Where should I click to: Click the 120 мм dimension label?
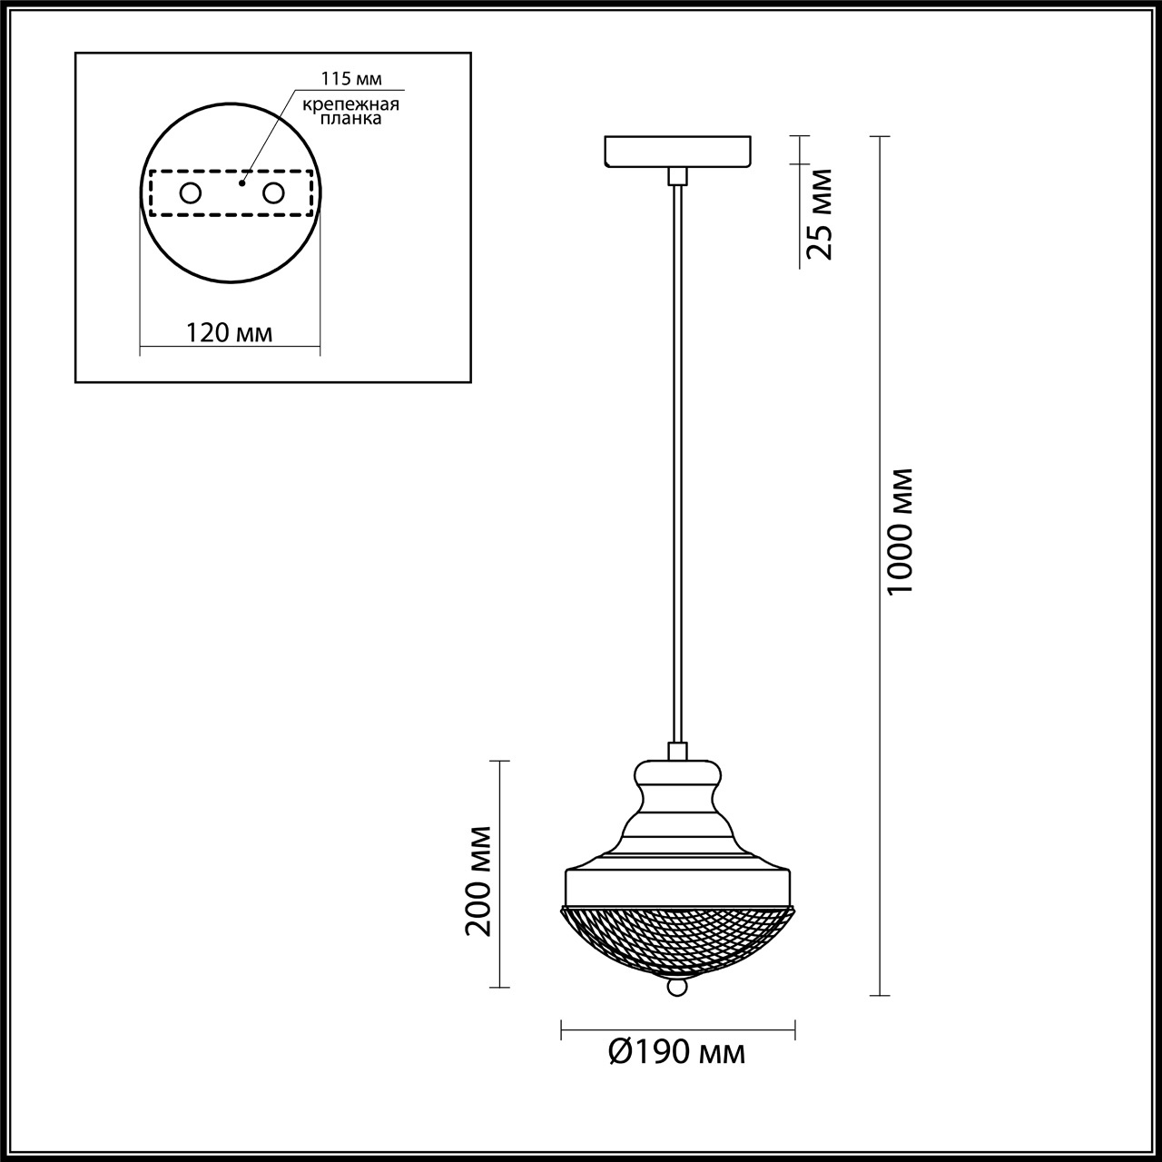point(229,332)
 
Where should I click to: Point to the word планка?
point(352,119)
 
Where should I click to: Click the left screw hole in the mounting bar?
point(191,193)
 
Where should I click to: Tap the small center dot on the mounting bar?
point(241,182)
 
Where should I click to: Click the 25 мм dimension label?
point(820,214)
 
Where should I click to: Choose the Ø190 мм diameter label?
point(677,1052)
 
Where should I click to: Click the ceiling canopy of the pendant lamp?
point(678,152)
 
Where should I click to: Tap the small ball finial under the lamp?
point(677,988)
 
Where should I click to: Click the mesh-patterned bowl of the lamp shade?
point(678,940)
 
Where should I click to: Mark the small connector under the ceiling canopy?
point(677,176)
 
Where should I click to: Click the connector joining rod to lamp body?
point(677,751)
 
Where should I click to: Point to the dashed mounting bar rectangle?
point(231,215)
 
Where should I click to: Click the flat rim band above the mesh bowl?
point(678,886)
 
